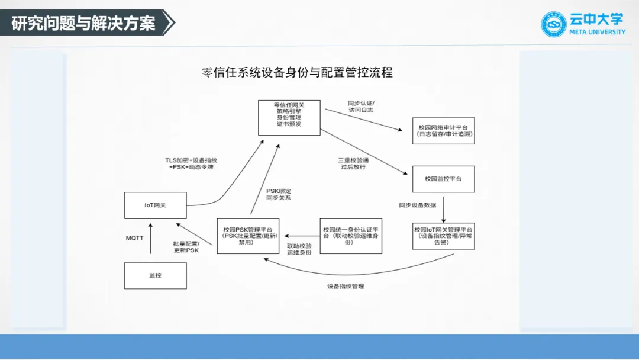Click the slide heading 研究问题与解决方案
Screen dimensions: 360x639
pyautogui.click(x=83, y=23)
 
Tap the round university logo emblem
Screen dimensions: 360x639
pyautogui.click(x=554, y=24)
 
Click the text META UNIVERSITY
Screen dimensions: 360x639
pyautogui.click(x=597, y=32)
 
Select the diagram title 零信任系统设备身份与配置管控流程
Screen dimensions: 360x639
pyautogui.click(x=297, y=73)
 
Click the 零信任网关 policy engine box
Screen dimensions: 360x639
pyautogui.click(x=289, y=117)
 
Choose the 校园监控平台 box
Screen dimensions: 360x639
pyautogui.click(x=443, y=179)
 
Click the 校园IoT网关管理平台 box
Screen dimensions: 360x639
pyautogui.click(x=443, y=236)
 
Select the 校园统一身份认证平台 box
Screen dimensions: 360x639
pyautogui.click(x=351, y=236)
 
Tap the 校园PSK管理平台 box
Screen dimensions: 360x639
pyautogui.click(x=247, y=236)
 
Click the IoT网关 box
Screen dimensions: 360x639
pyautogui.click(x=156, y=205)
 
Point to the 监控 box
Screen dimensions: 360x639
pyautogui.click(x=155, y=275)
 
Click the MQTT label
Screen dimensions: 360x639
pyautogui.click(x=134, y=238)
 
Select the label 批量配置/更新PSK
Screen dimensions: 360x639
pyautogui.click(x=186, y=247)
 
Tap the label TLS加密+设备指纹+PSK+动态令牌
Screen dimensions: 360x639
pyautogui.click(x=191, y=164)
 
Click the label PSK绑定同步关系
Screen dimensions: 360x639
pyautogui.click(x=278, y=194)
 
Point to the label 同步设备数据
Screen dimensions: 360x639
pyautogui.click(x=417, y=205)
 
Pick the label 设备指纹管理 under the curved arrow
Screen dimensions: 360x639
pyautogui.click(x=346, y=287)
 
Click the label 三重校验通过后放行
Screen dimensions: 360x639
pyautogui.click(x=353, y=163)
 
